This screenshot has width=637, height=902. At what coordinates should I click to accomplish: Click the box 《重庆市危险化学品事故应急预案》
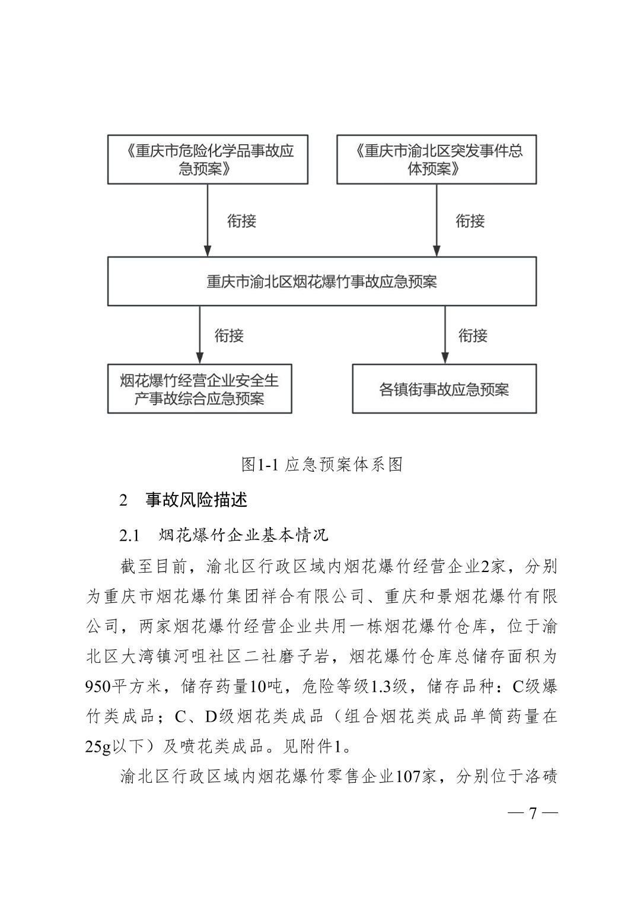tap(208, 160)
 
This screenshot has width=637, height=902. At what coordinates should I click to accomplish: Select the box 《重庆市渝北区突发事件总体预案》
tap(437, 160)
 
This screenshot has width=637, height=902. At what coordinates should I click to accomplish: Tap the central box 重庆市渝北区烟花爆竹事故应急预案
tap(321, 281)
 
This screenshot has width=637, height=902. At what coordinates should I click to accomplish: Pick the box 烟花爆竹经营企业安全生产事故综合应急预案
tap(199, 389)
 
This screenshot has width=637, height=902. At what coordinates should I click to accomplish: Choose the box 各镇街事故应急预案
tap(444, 389)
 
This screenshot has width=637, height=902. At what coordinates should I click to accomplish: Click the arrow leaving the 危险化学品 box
tap(208, 220)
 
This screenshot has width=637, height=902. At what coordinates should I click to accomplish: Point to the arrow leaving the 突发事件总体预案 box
tap(437, 220)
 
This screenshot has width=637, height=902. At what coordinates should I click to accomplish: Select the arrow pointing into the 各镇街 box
tap(444, 335)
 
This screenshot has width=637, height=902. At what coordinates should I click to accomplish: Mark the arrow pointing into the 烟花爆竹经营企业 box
tap(199, 335)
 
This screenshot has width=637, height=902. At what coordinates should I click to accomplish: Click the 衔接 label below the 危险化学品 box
tap(242, 221)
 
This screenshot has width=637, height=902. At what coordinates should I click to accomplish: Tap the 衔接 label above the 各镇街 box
tap(473, 336)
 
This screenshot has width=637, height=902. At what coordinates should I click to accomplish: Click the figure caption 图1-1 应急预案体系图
tap(322, 464)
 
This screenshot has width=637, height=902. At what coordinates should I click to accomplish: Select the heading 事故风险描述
tap(196, 500)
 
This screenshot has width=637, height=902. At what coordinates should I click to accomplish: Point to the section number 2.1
tap(129, 535)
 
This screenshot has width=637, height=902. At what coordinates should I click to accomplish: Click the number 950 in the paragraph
tap(98, 687)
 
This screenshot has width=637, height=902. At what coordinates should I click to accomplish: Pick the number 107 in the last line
tap(409, 776)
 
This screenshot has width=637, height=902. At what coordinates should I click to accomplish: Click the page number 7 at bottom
tap(533, 813)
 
